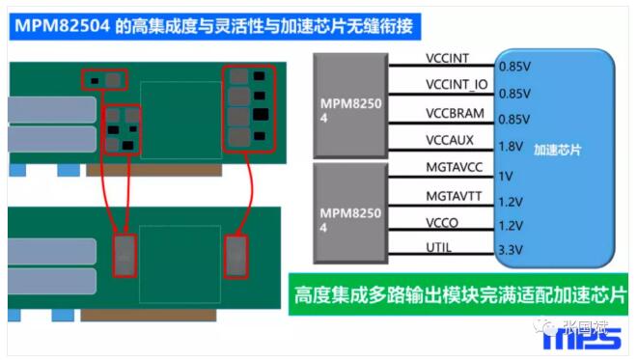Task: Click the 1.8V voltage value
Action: point(510,148)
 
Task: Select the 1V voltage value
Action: point(505,177)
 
